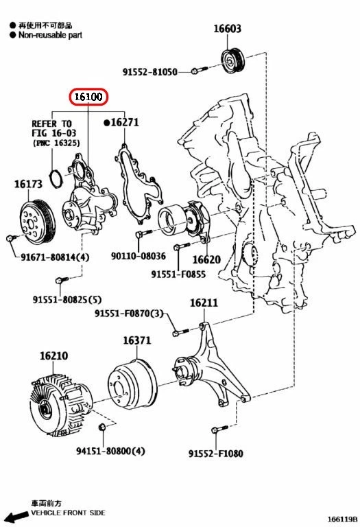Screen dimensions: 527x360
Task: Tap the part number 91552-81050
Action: (150, 71)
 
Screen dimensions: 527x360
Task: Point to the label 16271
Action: (123, 122)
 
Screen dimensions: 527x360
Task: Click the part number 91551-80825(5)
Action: (67, 299)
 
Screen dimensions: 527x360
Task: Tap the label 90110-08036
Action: (139, 256)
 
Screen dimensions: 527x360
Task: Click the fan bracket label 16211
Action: (204, 303)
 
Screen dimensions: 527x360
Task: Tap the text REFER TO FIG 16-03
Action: (51, 129)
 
